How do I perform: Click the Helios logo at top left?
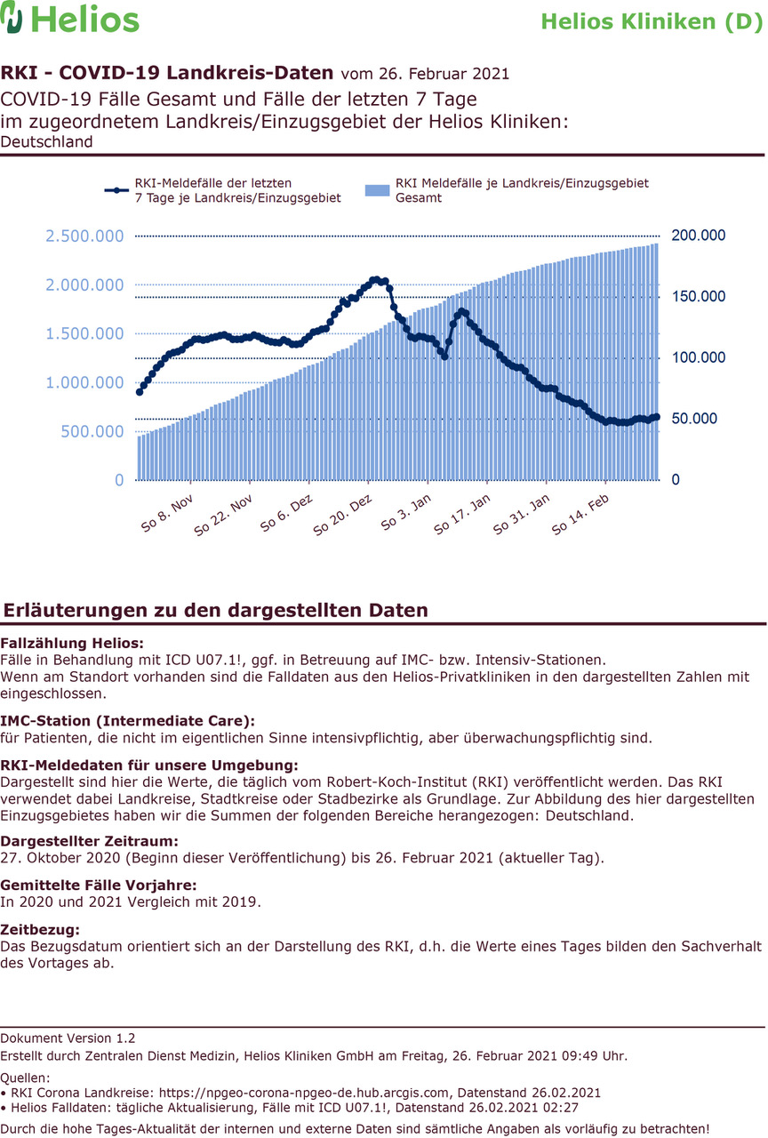click(x=69, y=19)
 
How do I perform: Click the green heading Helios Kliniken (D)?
click(x=652, y=22)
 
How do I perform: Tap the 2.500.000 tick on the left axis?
click(x=84, y=236)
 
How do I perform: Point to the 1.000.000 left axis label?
click(x=84, y=382)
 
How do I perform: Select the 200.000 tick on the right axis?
click(x=699, y=236)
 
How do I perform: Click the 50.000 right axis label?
click(x=694, y=418)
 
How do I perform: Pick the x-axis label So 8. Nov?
click(x=167, y=513)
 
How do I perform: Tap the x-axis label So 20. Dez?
click(x=342, y=515)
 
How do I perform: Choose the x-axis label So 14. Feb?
click(x=580, y=515)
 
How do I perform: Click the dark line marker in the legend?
click(x=116, y=190)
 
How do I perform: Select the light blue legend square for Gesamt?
click(x=378, y=190)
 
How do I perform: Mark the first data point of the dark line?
click(x=140, y=392)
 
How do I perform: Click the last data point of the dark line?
click(x=656, y=417)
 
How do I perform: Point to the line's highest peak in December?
click(x=376, y=280)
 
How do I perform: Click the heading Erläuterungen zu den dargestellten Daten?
click(x=216, y=610)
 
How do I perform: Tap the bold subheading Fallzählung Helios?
click(x=72, y=643)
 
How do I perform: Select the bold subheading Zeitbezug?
click(x=40, y=930)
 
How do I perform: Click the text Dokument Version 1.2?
click(x=68, y=1038)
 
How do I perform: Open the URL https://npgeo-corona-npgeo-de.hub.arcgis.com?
click(x=304, y=1093)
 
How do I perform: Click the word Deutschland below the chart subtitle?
click(x=46, y=141)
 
